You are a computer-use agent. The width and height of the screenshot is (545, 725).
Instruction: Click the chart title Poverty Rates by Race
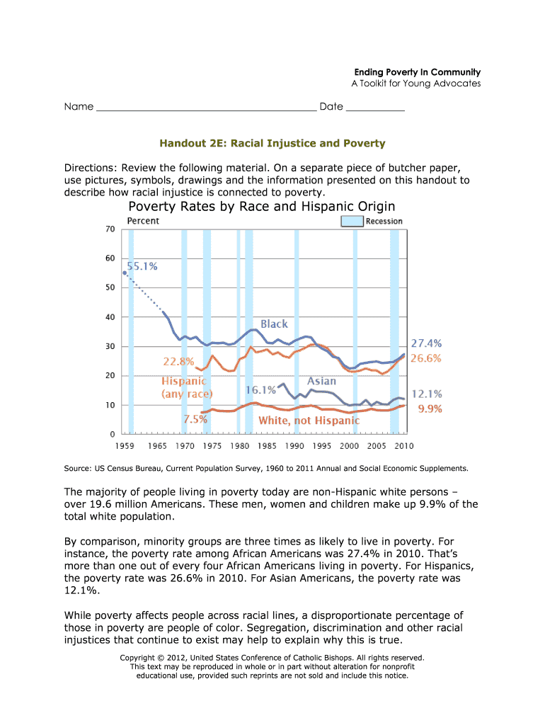tap(261, 206)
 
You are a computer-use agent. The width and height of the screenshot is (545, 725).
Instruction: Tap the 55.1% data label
tap(142, 266)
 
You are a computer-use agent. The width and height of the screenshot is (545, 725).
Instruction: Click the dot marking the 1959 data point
tap(125, 273)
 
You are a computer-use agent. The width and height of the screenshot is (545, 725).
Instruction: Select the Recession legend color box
tap(352, 221)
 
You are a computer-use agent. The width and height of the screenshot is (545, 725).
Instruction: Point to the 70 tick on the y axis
tap(110, 229)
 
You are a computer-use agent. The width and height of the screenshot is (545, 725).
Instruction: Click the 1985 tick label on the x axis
tap(267, 446)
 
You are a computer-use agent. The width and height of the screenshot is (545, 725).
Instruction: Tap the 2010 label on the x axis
tap(403, 446)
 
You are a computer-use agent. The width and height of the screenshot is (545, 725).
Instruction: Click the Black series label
tap(274, 324)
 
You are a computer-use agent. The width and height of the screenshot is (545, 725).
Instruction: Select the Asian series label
tap(321, 381)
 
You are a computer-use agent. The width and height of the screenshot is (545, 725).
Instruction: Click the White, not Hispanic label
tap(309, 421)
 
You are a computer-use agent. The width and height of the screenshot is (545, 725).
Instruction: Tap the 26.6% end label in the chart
tap(427, 358)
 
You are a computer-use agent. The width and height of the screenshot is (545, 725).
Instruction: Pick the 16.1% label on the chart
tap(260, 390)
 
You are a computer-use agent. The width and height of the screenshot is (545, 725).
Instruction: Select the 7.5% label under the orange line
tap(195, 419)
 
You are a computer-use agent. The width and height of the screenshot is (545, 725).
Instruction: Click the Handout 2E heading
tap(272, 144)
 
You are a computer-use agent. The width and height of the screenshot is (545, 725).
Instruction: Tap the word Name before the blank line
tap(79, 107)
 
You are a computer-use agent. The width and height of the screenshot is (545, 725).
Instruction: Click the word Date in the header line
tap(331, 107)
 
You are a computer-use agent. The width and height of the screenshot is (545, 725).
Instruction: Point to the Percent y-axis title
tap(143, 221)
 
